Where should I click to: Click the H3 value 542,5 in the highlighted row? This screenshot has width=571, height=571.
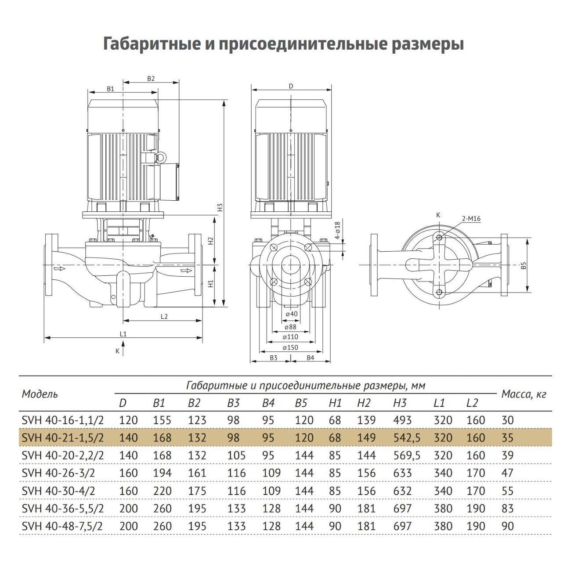(x=406, y=438)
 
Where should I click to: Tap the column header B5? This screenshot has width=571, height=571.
(x=301, y=403)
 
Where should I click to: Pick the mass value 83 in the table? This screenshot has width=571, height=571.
(x=507, y=509)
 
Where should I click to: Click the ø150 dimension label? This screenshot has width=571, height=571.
(x=291, y=347)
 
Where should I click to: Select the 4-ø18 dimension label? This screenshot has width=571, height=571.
(x=337, y=231)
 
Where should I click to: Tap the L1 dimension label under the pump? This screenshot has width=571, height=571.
(x=123, y=334)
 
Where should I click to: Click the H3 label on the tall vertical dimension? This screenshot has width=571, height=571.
(x=220, y=207)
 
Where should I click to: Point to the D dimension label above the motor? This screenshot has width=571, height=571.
(x=291, y=87)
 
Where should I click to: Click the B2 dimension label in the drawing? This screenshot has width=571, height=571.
(x=151, y=79)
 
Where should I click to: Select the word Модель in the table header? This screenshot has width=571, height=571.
(x=40, y=394)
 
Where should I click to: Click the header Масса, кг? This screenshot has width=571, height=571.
(x=524, y=394)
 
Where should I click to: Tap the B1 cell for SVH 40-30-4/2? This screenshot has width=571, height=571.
(x=162, y=491)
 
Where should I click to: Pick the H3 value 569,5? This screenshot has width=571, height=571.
(x=406, y=455)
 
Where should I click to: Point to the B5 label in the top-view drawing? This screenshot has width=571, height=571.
(x=523, y=266)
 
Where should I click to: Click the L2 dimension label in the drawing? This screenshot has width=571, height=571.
(x=164, y=316)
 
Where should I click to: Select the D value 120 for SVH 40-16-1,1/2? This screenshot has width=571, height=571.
(x=128, y=420)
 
